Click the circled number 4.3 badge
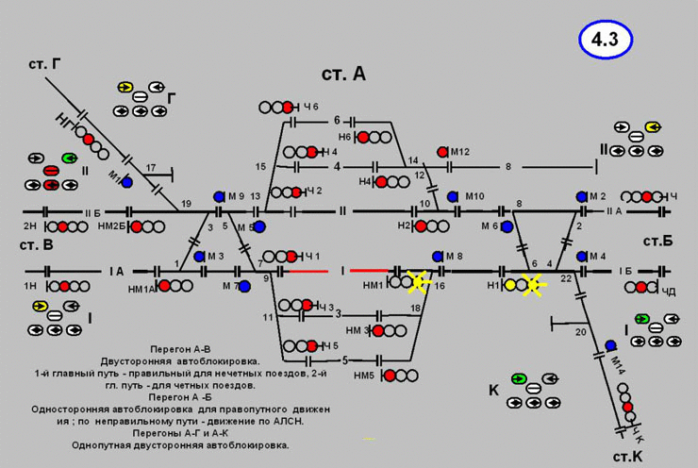605,40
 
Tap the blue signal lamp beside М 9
219,195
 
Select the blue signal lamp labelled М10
453,196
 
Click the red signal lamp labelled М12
441,151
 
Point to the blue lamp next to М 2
582,195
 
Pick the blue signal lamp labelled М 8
436,256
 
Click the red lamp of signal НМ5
388,376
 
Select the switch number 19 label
186,204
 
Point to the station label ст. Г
44,65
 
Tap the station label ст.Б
657,242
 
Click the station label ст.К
627,456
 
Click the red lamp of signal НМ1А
164,285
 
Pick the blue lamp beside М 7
244,285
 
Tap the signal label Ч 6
311,107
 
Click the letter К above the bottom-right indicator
492,390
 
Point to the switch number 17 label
150,167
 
